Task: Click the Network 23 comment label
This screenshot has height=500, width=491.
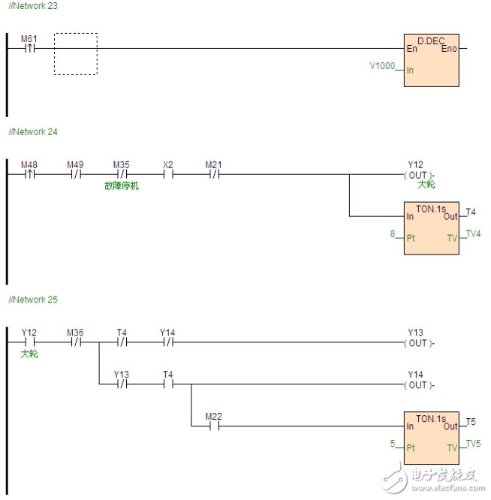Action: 32,5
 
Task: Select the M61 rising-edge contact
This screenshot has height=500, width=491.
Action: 29,49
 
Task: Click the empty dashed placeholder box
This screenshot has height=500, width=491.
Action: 75,54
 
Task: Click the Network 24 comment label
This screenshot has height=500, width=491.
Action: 32,131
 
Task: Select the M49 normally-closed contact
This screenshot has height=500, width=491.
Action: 75,175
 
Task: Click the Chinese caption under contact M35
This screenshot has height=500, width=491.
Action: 122,185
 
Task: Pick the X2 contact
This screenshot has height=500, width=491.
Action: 167,175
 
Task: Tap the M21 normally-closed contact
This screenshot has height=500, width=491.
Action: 214,175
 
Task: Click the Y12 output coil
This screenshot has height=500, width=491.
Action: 416,175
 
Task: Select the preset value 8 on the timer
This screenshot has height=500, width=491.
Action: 392,234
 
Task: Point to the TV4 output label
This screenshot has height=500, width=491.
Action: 473,233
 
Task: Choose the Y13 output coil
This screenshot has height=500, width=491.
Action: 416,343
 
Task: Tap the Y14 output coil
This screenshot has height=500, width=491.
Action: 416,385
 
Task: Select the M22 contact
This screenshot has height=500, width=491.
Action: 214,426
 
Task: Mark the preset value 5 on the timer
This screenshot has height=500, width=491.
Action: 392,444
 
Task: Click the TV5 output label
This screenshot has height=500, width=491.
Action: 473,444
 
